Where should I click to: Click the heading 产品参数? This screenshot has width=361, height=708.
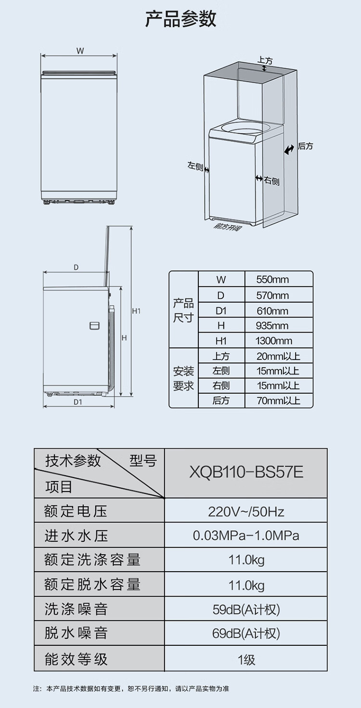coord(180,19)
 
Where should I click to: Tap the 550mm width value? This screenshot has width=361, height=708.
coord(272,280)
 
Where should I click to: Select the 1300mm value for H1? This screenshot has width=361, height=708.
coord(274,341)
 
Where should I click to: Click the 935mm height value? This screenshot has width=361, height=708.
coord(272,326)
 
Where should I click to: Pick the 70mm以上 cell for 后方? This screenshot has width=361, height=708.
coord(278,401)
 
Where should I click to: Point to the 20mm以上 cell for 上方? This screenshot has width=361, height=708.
coord(278,356)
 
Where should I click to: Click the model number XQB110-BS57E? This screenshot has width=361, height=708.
coord(246,472)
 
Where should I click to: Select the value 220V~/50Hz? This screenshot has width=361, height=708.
coord(246,511)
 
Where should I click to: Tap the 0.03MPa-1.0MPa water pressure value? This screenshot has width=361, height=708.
coord(246,535)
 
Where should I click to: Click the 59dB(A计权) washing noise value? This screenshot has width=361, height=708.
coord(246,610)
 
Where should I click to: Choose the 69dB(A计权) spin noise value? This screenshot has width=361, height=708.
coord(246,633)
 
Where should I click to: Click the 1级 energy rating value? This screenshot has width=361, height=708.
coord(246,659)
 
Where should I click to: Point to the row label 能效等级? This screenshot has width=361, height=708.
coord(76,659)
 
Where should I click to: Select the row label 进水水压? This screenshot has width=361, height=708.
coord(76,535)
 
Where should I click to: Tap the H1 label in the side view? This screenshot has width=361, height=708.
coord(136,311)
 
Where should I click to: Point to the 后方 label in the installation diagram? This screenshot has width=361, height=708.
coord(305,146)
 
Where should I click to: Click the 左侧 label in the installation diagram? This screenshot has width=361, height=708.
coord(195,166)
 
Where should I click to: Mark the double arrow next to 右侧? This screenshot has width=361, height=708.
coord(258,179)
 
